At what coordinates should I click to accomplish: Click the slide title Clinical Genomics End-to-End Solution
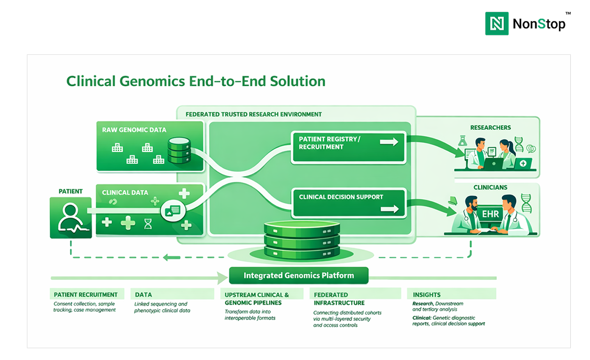click(196, 81)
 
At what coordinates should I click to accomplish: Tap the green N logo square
click(497, 24)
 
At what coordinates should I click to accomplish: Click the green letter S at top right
click(542, 24)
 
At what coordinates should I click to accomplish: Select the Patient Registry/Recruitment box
click(348, 147)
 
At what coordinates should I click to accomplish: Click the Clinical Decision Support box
click(348, 203)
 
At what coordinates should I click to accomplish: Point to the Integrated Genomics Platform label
click(298, 275)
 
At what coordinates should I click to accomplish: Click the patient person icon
click(71, 218)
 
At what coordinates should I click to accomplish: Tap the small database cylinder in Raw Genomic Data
click(179, 151)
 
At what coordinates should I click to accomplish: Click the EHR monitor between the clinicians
click(490, 214)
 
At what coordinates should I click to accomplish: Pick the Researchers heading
click(490, 128)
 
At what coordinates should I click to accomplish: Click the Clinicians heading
click(490, 188)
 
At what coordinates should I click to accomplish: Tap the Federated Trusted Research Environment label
click(253, 114)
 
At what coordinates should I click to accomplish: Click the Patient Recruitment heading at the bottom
click(85, 295)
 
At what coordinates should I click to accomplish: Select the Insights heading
click(427, 295)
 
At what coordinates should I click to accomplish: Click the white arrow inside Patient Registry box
click(389, 142)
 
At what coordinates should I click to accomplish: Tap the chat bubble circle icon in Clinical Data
click(173, 211)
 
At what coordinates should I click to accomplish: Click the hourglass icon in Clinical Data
click(148, 224)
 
